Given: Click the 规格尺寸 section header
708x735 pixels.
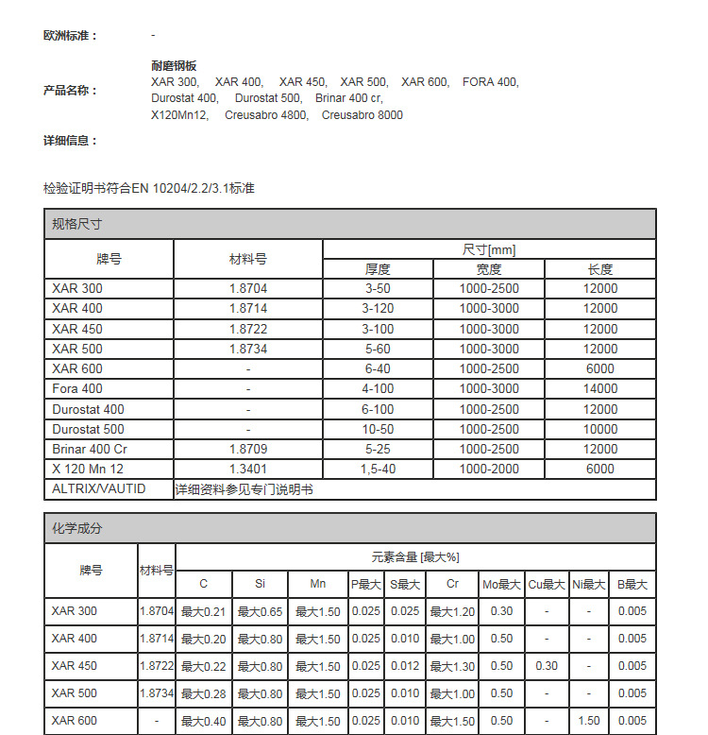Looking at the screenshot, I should (x=77, y=225).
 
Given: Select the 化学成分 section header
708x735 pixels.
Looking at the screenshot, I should (x=77, y=529).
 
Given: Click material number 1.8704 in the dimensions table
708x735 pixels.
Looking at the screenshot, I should (x=248, y=288).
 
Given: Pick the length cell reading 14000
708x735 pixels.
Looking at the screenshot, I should (x=599, y=388).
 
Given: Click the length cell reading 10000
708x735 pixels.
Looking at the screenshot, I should (x=599, y=429).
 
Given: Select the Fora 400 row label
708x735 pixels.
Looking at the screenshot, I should (x=77, y=388).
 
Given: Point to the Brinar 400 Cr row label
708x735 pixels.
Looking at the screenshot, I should (x=90, y=449).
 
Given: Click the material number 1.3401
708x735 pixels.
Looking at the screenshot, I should (x=248, y=469).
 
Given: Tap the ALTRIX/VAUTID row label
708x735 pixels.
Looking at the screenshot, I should (x=99, y=488).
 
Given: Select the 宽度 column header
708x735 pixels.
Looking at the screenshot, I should (x=489, y=269).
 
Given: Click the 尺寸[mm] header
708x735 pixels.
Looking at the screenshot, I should (x=489, y=249).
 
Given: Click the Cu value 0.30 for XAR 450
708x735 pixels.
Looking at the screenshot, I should (x=547, y=666).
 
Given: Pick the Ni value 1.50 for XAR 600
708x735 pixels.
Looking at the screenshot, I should (x=588, y=721).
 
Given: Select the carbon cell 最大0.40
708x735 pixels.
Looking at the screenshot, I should (x=204, y=721).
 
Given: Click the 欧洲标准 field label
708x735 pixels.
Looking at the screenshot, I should (x=70, y=35).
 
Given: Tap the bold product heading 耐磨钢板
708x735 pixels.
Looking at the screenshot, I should (x=174, y=66).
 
